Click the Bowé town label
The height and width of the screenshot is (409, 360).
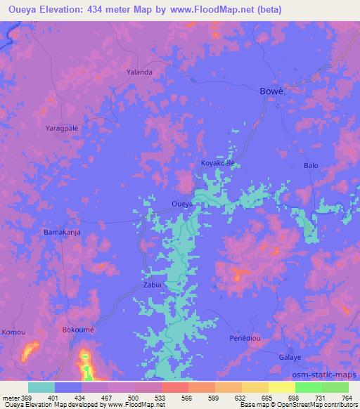point(271,92)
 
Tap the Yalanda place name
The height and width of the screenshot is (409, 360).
point(139,72)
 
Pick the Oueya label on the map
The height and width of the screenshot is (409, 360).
point(183,204)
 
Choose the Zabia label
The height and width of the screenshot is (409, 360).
point(153,285)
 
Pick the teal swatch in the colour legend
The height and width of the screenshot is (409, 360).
point(41,387)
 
